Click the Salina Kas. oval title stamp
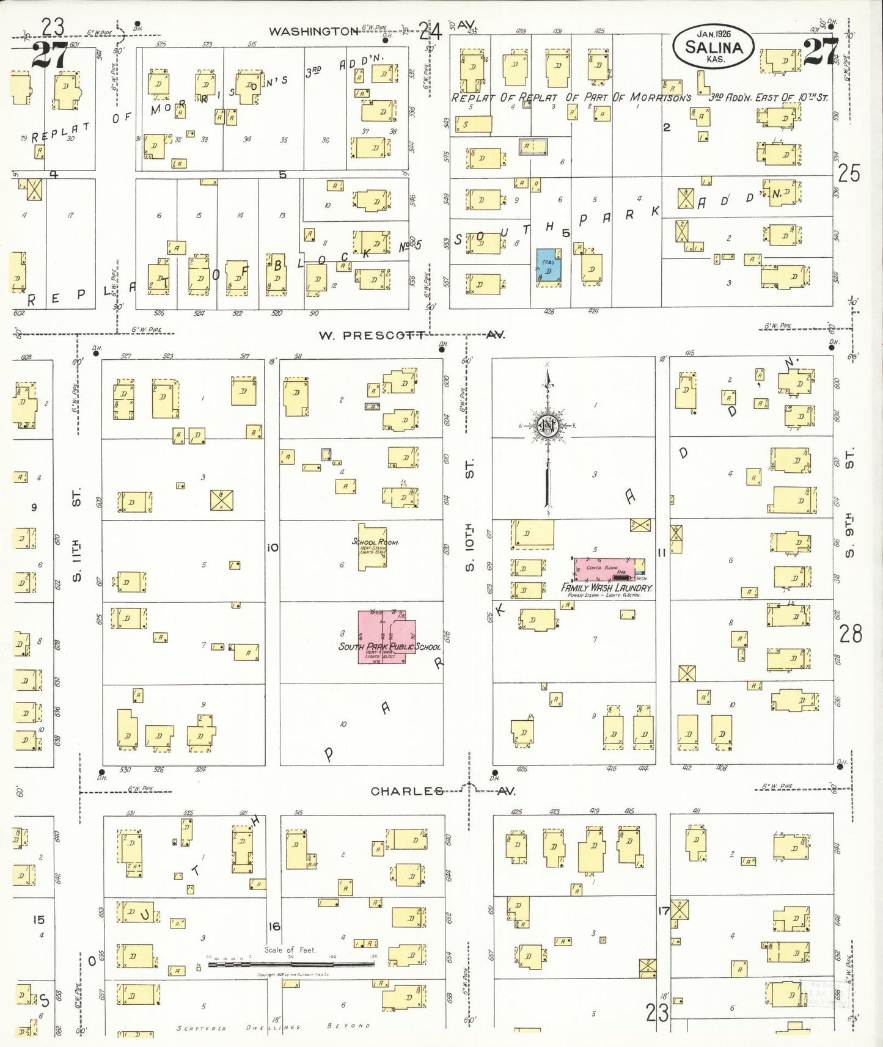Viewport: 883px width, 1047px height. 713,46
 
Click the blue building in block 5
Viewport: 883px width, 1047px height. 549,265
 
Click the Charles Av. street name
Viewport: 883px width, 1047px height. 407,791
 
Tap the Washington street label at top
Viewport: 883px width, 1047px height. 313,31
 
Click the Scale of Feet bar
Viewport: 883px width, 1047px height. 291,964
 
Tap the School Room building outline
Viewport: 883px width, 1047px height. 372,547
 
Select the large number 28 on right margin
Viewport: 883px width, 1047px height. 850,634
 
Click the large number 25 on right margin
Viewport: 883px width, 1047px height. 849,173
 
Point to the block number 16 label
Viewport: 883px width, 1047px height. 274,926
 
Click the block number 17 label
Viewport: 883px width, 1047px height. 664,911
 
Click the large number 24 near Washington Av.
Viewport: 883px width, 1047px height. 430,30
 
